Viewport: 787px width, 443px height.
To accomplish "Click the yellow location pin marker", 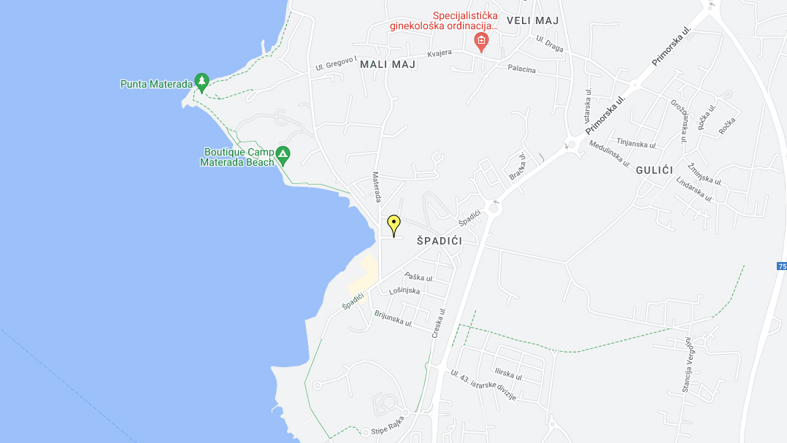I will (x=393, y=223).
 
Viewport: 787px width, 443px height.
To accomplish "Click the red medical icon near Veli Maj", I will (x=481, y=41).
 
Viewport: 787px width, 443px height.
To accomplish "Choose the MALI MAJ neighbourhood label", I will (x=388, y=64).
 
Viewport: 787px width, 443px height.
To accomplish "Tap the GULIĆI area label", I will (x=654, y=169).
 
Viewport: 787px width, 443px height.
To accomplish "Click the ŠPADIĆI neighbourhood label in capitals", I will (x=439, y=241).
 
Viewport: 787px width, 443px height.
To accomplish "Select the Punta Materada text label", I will (x=156, y=84).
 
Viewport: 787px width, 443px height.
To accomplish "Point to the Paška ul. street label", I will (x=420, y=277).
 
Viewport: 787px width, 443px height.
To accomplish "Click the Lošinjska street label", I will (x=404, y=290).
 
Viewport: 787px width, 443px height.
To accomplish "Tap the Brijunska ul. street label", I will (x=393, y=318).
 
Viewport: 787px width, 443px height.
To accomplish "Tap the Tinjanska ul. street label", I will (x=637, y=142).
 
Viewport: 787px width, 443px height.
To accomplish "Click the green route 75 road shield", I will (x=782, y=266).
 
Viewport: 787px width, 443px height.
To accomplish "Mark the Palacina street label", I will (x=522, y=69).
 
